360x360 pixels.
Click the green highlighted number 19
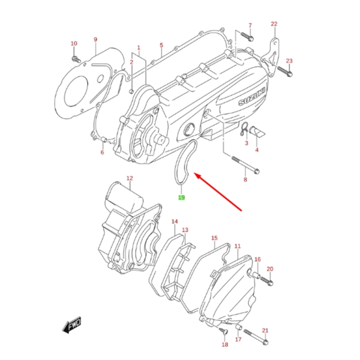[x=181, y=197]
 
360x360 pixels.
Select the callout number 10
[x=74, y=44]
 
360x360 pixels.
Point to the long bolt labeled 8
[x=246, y=165]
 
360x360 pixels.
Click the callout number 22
[x=274, y=24]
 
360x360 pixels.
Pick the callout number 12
[x=129, y=178]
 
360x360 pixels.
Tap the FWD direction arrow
[x=71, y=326]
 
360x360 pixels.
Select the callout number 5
[x=161, y=45]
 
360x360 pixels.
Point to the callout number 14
[x=175, y=222]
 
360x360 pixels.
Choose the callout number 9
[x=95, y=40]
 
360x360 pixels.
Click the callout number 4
[x=257, y=150]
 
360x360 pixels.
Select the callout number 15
[x=214, y=238]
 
